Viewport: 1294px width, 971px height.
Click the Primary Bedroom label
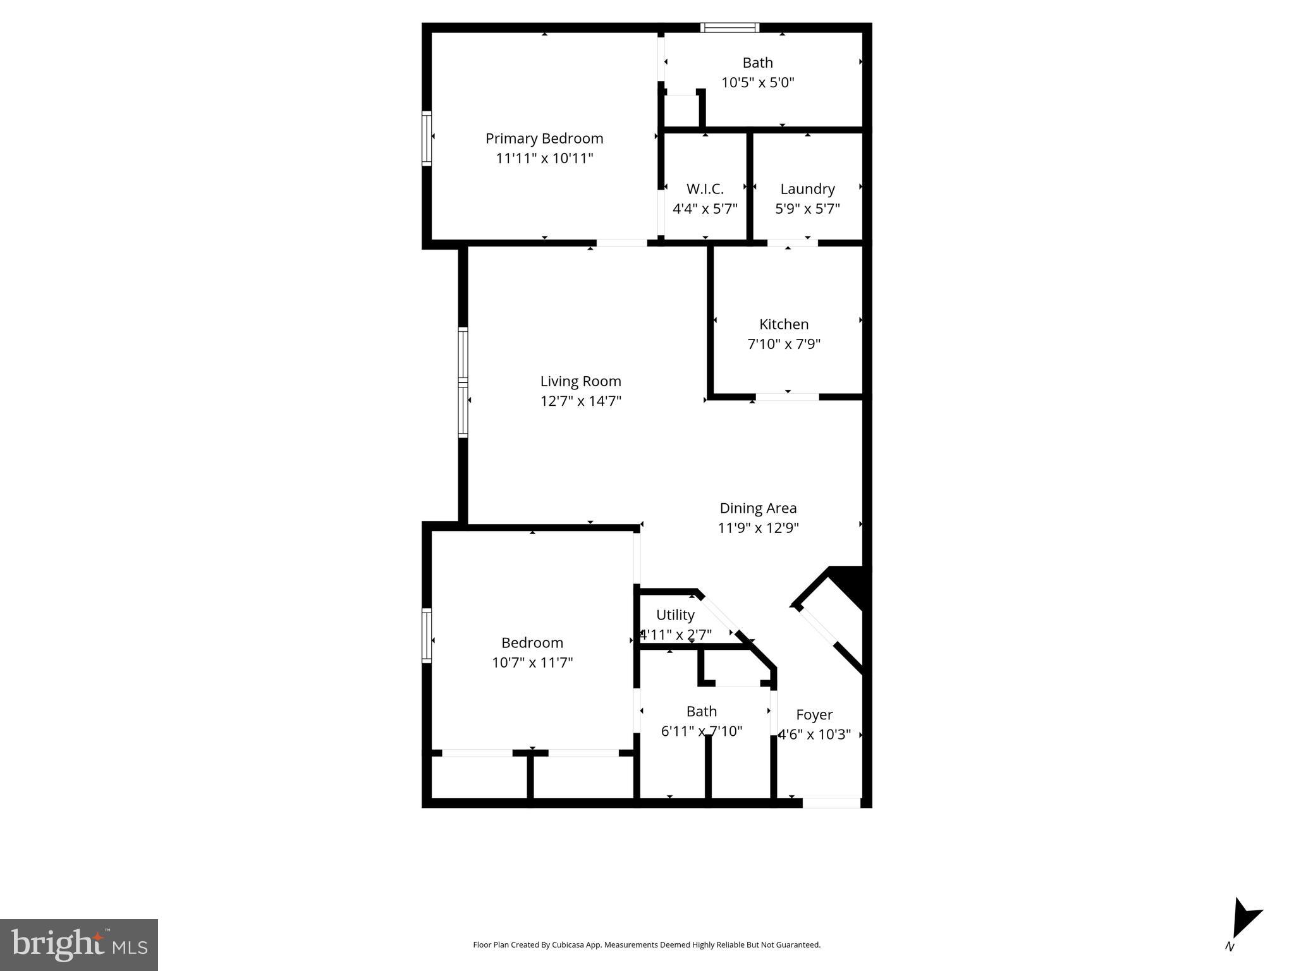pyautogui.click(x=544, y=138)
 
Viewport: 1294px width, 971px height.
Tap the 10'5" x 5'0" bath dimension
pyautogui.click(x=757, y=82)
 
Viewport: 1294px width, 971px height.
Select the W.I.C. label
pyautogui.click(x=705, y=189)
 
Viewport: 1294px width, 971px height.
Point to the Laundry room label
pyautogui.click(x=807, y=189)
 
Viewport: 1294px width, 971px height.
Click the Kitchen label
pyautogui.click(x=784, y=324)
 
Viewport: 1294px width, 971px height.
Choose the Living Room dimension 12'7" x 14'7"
pyautogui.click(x=580, y=401)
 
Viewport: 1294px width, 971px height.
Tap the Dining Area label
pyautogui.click(x=758, y=508)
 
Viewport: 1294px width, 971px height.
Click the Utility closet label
pyautogui.click(x=675, y=615)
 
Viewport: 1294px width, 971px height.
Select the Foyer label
pyautogui.click(x=814, y=715)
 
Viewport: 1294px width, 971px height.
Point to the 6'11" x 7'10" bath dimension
pyautogui.click(x=702, y=731)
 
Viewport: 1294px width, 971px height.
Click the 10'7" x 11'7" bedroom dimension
pyautogui.click(x=532, y=663)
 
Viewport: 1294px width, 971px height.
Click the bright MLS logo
pyautogui.click(x=79, y=944)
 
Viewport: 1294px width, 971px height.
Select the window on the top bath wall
pyautogui.click(x=729, y=28)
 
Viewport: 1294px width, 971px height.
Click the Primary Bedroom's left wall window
pyautogui.click(x=427, y=138)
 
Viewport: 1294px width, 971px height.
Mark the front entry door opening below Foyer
pyautogui.click(x=831, y=803)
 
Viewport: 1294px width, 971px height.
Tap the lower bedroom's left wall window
pyautogui.click(x=427, y=635)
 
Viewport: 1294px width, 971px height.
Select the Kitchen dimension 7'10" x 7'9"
pyautogui.click(x=784, y=345)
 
